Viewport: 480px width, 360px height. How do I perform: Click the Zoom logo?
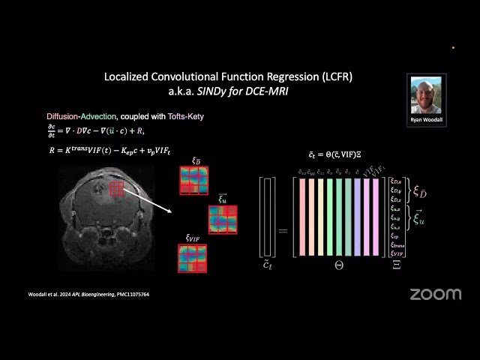tap(435, 294)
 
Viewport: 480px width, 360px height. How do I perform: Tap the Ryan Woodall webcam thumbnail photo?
tap(426, 94)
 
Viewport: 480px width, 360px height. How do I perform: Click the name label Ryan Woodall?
tap(426, 120)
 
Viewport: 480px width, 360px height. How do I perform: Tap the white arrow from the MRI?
tap(148, 199)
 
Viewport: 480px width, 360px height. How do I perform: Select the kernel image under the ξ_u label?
tap(222, 218)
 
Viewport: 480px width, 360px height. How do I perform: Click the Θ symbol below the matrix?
tap(339, 265)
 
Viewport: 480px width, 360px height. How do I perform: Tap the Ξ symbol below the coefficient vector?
tap(396, 265)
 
